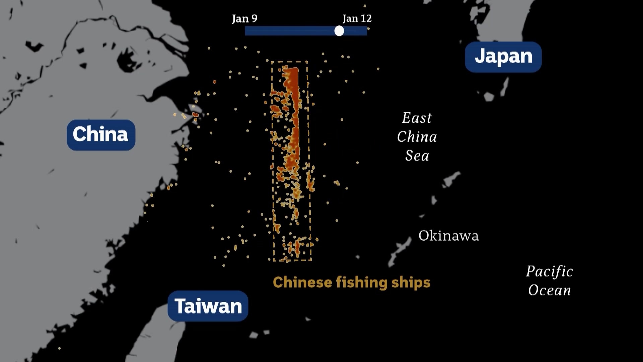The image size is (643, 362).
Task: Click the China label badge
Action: coord(101,135)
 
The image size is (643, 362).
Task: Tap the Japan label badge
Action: coord(503,57)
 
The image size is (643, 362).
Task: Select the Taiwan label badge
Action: coord(208,306)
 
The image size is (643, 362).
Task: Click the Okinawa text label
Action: coord(448,236)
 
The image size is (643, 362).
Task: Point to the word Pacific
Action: coord(549,271)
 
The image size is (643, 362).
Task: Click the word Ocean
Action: coord(549,290)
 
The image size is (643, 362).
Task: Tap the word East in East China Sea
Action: coord(417,118)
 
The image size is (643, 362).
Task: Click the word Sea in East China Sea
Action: coord(417,156)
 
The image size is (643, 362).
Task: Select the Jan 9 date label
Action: coord(244,18)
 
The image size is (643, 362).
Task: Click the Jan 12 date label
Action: coord(357,18)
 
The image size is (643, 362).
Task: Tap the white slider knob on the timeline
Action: coord(339,31)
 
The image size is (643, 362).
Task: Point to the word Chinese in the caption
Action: coord(302,283)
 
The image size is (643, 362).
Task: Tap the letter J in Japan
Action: coord(479,56)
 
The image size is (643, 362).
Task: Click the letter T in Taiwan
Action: coord(180,306)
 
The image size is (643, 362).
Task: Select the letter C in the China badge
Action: coord(79,134)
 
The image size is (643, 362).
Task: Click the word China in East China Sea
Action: coord(417,137)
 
